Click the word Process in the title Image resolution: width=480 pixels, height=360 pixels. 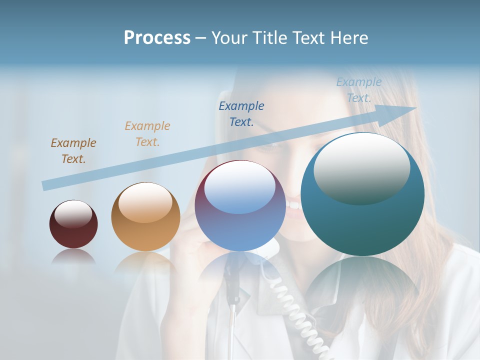(157, 38)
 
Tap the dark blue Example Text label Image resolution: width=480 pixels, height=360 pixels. (241, 113)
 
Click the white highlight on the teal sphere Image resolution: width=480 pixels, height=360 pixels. (361, 167)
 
